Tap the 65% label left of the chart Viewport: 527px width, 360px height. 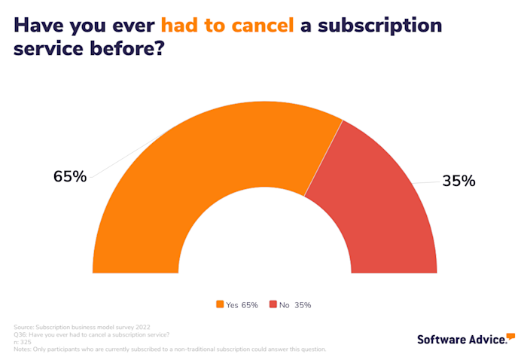(x=70, y=177)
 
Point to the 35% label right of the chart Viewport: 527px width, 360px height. (x=458, y=181)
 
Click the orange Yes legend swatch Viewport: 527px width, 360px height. (x=220, y=305)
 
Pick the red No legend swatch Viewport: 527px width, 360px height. (x=273, y=305)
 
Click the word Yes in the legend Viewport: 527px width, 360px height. (x=232, y=305)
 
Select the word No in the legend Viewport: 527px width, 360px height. (x=285, y=305)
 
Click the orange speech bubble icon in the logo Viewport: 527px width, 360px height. (x=510, y=336)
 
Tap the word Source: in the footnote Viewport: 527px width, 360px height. (x=25, y=327)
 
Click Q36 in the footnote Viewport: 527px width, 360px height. (x=20, y=334)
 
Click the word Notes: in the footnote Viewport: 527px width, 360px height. (x=23, y=349)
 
